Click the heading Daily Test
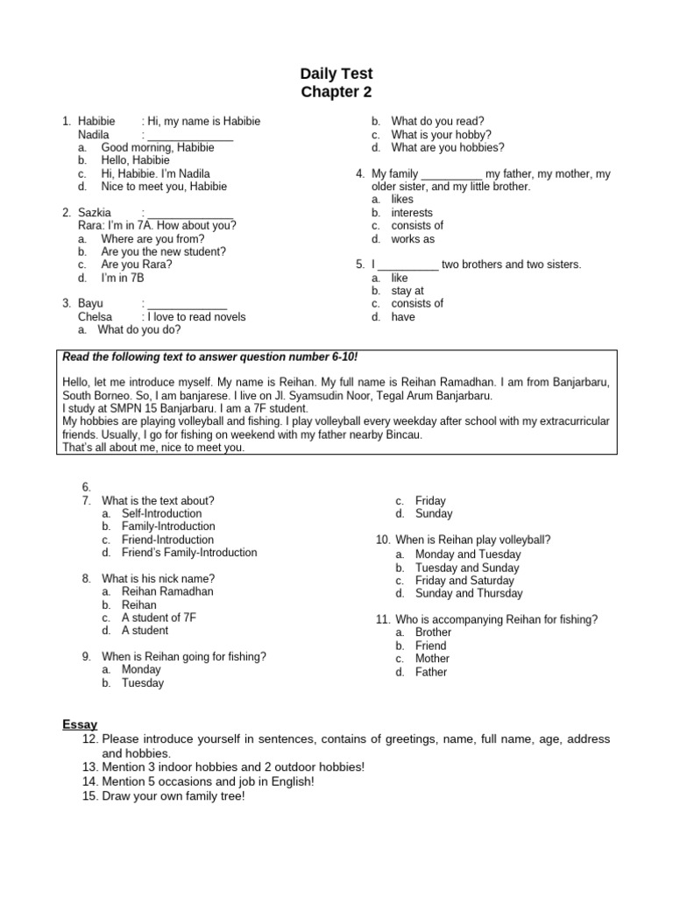336,74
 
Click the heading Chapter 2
336,92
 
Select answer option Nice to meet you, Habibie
164,187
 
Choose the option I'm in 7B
122,278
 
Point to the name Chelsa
95,317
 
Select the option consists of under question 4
417,226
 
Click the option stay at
407,291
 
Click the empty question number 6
87,487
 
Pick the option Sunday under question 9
434,514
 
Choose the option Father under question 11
431,673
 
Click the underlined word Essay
80,724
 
